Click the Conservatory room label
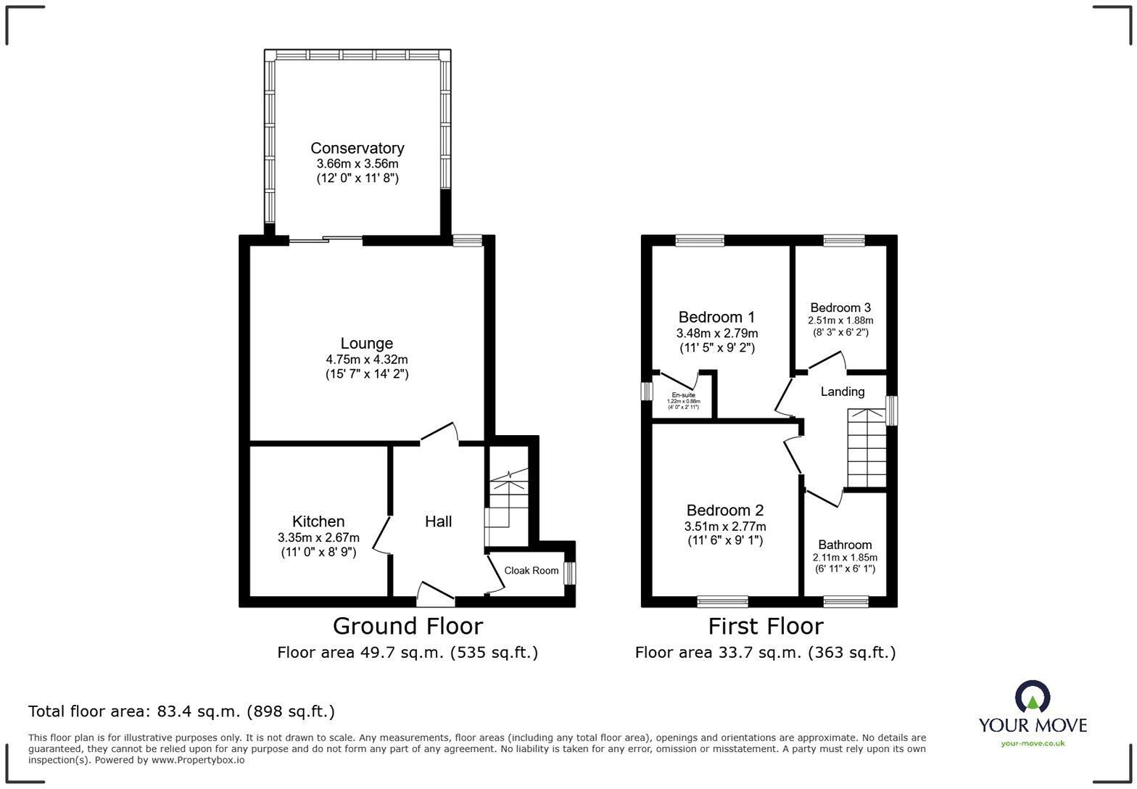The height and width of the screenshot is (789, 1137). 357,148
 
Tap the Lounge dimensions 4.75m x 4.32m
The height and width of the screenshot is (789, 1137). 367,360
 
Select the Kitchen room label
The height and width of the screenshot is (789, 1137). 318,521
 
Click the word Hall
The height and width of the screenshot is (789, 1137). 438,521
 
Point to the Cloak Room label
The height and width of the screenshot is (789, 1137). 532,571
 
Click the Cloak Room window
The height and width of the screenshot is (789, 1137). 570,574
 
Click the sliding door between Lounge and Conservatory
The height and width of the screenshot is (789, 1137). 326,239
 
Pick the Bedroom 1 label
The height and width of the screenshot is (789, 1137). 716,317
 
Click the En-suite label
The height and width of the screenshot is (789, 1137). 683,395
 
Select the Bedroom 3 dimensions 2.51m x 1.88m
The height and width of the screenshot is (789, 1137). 840,321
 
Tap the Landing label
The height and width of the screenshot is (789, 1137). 842,392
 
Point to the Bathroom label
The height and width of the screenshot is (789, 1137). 845,545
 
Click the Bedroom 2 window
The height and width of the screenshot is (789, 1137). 722,600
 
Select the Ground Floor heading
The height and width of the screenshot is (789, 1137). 408,626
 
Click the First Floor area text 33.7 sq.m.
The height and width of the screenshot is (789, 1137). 765,653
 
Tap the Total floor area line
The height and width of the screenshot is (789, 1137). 181,711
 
